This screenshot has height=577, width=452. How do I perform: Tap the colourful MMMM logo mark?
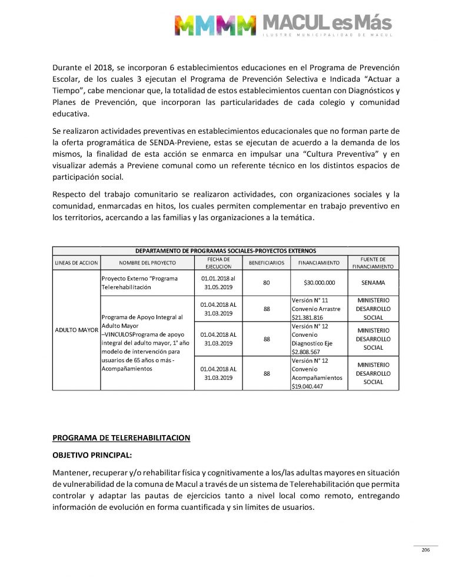[x=215, y=25]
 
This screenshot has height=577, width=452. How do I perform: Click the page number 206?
[x=426, y=550]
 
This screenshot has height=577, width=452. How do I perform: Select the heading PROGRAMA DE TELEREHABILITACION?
[x=121, y=437]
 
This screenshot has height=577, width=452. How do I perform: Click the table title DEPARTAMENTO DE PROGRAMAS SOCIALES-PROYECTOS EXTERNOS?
[x=225, y=250]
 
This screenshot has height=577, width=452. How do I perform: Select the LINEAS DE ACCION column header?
[x=76, y=263]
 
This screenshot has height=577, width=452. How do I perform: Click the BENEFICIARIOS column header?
[x=267, y=263]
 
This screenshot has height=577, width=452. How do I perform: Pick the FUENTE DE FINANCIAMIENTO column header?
[x=373, y=263]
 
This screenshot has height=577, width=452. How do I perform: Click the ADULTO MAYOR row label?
[x=76, y=330]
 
